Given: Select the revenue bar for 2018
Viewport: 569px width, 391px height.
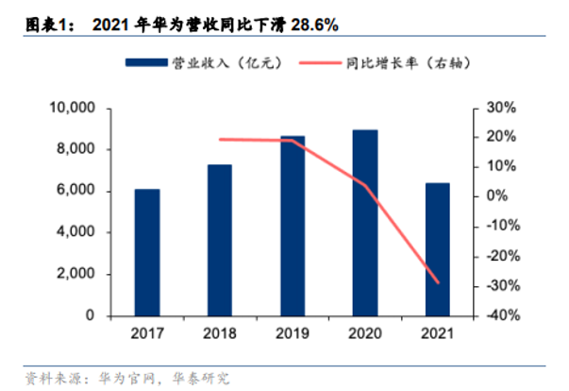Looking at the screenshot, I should [219, 240].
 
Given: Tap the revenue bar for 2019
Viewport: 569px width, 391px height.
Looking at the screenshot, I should [293, 226].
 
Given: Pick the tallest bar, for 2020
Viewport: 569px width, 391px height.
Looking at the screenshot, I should [365, 223].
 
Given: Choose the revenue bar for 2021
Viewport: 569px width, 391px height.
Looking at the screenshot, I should [438, 249].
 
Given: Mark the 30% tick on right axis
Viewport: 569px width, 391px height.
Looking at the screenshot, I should [499, 108].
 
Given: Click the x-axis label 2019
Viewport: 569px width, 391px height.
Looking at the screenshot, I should [293, 333].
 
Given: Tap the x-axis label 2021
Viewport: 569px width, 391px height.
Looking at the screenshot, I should [438, 333].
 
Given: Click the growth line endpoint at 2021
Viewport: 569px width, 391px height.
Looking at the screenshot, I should [438, 282].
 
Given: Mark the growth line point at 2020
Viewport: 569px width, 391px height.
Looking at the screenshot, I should [365, 184].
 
